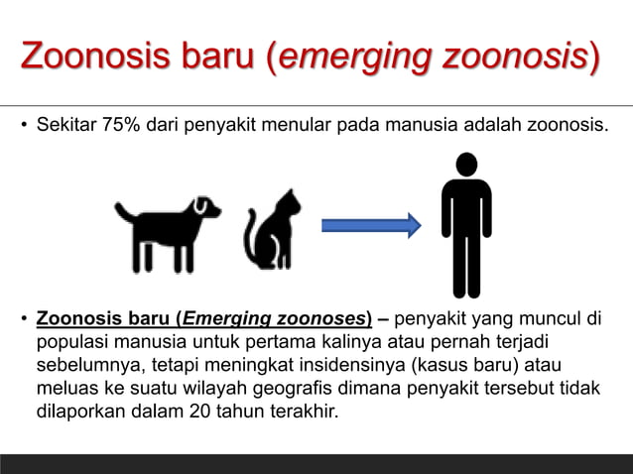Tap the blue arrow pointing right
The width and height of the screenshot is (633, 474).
[371, 226]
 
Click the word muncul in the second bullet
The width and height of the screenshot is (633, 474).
[550, 319]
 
